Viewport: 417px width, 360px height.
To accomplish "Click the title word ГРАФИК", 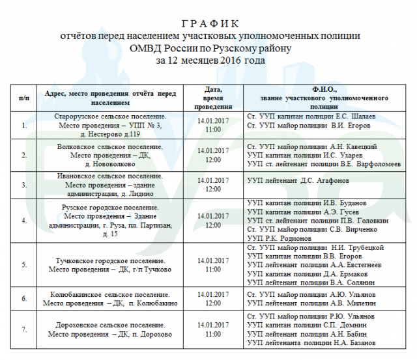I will tap(208, 23).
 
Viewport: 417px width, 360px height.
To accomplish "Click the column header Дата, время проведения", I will tap(213, 98).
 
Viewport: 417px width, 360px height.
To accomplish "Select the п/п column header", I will tap(24, 98).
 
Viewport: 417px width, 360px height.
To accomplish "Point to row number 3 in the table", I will tap(24, 184).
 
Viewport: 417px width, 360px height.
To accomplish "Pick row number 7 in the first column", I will tap(24, 329).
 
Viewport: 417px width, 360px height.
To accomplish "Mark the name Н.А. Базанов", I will tap(354, 341).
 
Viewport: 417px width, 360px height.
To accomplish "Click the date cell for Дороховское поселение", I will tap(213, 329).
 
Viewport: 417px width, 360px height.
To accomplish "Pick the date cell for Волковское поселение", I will tap(213, 155).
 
